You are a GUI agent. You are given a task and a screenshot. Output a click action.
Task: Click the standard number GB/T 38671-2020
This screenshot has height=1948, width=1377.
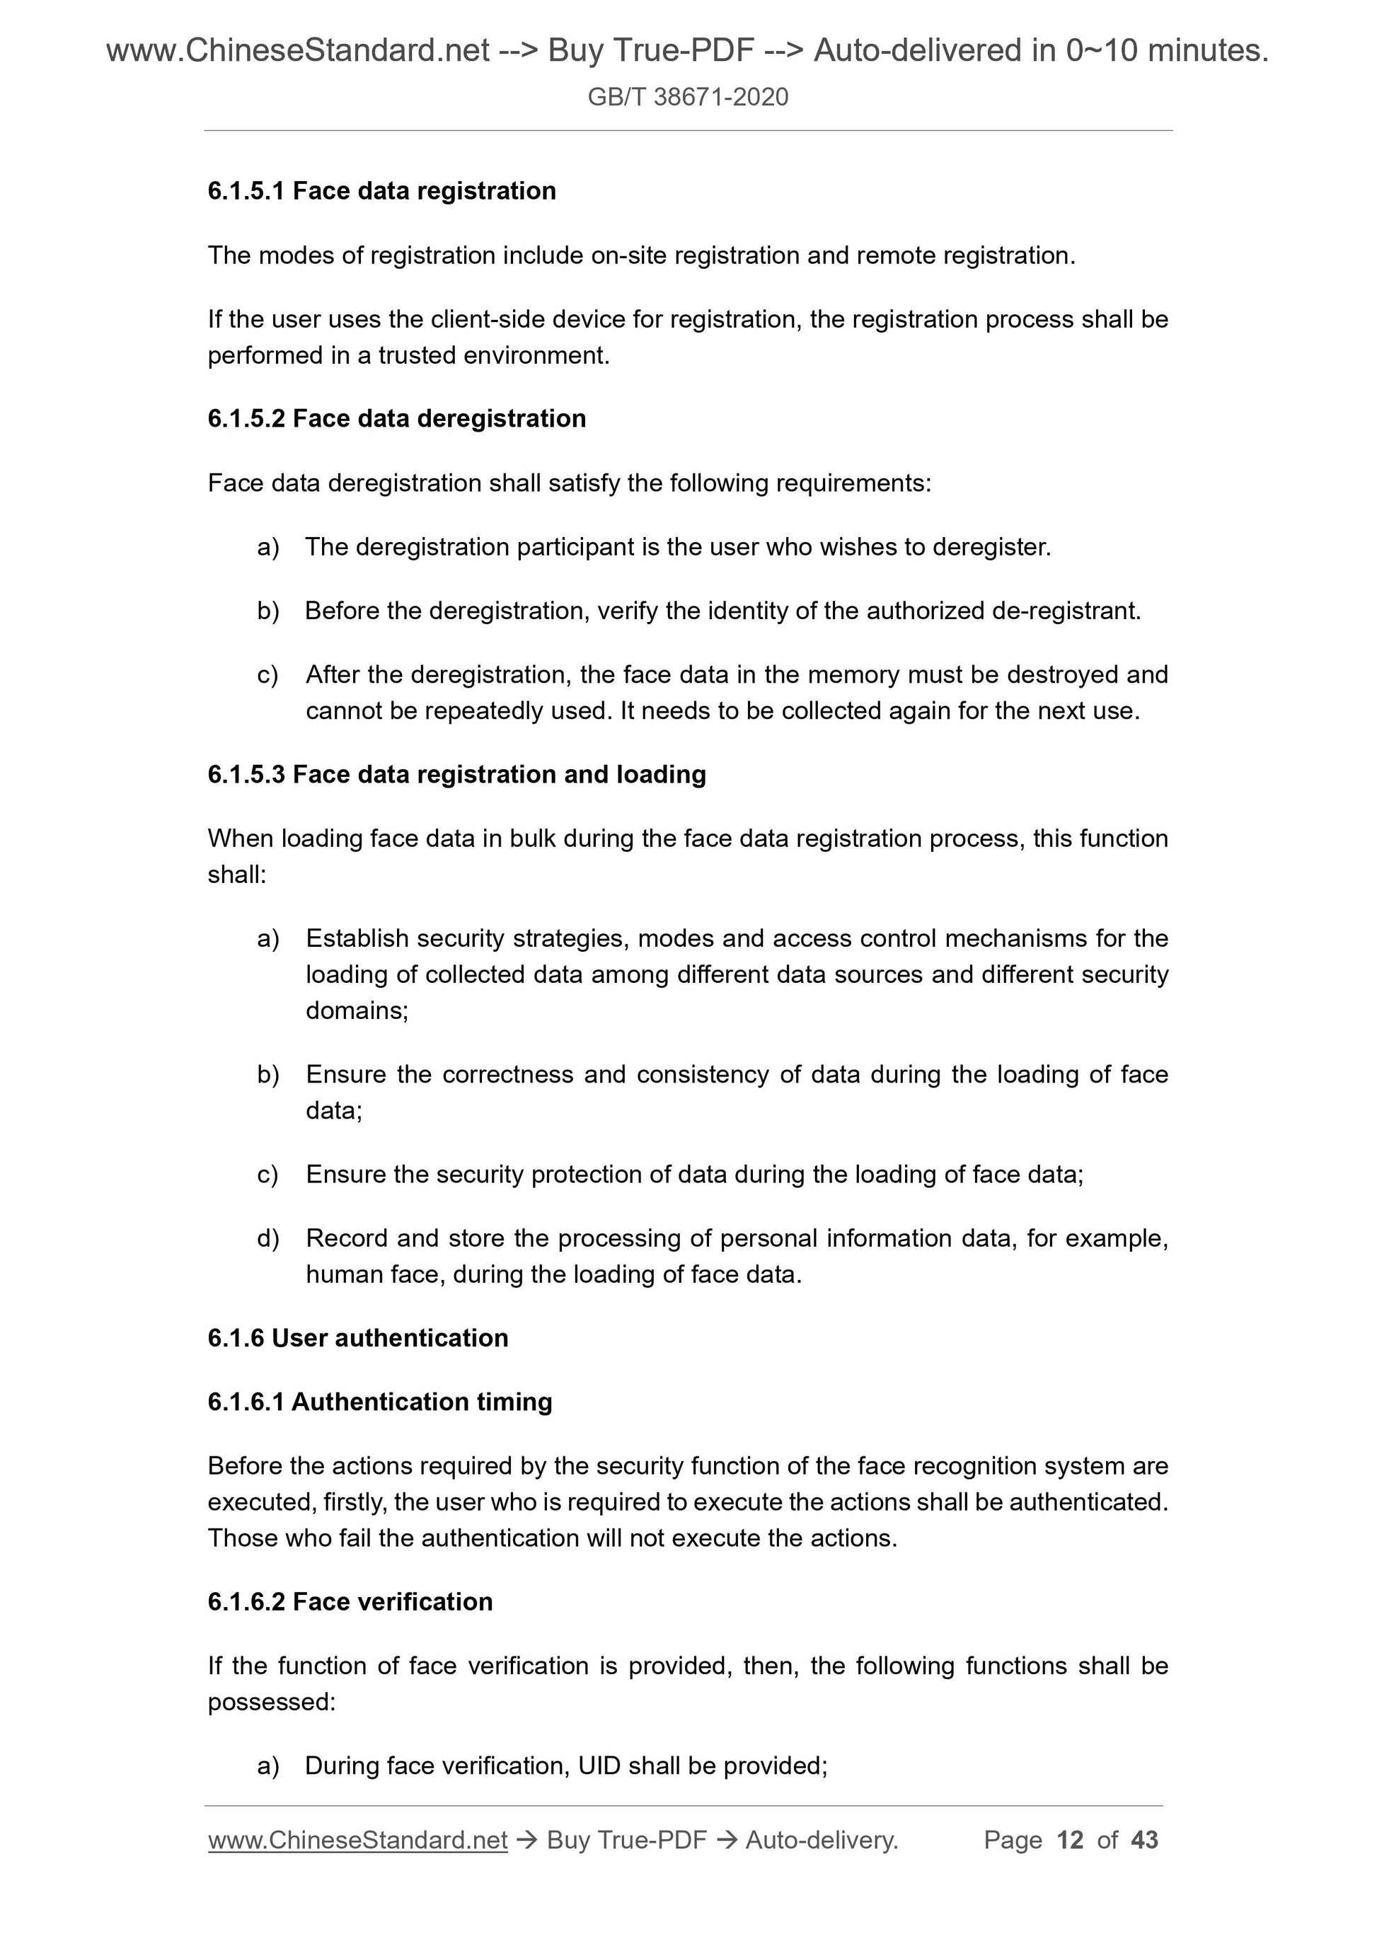687,97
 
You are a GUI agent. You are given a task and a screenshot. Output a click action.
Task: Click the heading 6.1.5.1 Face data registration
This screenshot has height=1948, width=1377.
382,191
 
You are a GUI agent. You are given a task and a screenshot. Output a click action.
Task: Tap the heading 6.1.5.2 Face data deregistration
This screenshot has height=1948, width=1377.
396,418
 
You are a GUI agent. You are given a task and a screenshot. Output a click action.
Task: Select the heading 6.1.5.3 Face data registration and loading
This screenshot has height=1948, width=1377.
456,774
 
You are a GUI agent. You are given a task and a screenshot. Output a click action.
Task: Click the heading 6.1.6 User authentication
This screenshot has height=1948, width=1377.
357,1337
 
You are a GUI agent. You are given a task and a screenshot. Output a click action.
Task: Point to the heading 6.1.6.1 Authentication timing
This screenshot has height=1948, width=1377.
379,1402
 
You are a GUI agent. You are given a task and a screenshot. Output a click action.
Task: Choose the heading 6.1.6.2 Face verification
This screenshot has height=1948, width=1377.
350,1601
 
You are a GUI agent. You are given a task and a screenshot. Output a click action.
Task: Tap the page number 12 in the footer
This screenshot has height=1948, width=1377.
1070,1840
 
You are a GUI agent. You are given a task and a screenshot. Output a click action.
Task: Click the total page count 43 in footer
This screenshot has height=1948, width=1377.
1144,1840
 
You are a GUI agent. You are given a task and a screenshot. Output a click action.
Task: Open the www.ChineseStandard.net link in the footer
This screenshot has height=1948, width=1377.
357,1840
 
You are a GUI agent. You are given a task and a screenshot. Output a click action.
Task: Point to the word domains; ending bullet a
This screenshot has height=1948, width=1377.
357,1010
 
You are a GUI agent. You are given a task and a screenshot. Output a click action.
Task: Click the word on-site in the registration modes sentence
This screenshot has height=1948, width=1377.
623,255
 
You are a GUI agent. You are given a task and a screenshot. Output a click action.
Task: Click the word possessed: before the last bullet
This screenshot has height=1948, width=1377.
272,1702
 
